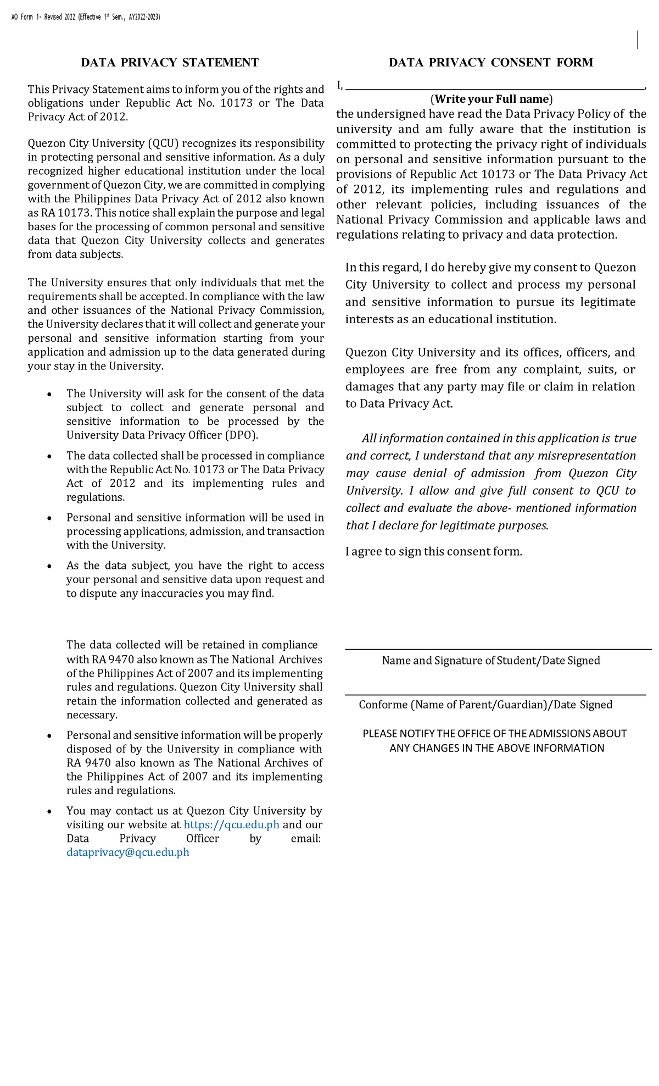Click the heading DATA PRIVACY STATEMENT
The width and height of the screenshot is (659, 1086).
[170, 63]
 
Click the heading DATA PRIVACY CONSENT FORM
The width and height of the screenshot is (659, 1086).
[490, 63]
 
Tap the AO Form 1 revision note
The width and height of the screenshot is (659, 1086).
[86, 17]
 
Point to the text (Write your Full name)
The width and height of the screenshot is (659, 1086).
[492, 99]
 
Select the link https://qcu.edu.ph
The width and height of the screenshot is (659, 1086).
[232, 825]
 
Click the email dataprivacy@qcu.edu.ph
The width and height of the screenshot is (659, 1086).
[128, 852]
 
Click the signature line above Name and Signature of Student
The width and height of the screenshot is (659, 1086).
[498, 650]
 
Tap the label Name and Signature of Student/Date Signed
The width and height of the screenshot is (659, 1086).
[491, 661]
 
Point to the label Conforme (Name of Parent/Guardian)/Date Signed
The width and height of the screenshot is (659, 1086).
[485, 705]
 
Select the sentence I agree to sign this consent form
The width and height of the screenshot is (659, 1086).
[433, 552]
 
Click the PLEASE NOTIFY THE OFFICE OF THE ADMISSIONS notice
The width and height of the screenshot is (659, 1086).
[495, 741]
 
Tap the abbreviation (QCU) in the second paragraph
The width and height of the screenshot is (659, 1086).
[163, 144]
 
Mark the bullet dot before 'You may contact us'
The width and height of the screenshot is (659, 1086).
[50, 811]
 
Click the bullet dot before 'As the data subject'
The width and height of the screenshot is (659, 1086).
[50, 566]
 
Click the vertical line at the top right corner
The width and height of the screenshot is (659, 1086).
[638, 40]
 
